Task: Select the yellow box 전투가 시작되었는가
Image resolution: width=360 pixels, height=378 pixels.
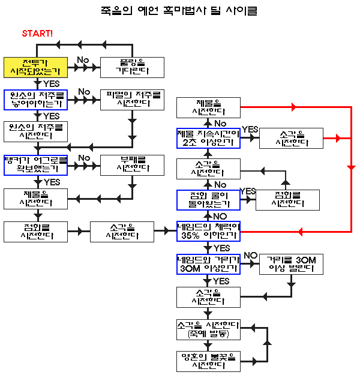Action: point(35,67)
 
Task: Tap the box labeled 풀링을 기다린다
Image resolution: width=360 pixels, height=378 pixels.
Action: point(132,67)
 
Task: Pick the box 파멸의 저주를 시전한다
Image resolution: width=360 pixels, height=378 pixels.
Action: point(132,100)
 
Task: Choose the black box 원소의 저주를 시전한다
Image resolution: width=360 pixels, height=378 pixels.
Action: point(35,132)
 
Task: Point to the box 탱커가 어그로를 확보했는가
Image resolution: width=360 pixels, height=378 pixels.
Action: point(35,165)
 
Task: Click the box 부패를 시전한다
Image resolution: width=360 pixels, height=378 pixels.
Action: point(132,165)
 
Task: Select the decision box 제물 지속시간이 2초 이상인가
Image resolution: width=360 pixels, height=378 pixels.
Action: point(208,138)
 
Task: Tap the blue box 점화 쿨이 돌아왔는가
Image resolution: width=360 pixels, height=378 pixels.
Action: point(208,200)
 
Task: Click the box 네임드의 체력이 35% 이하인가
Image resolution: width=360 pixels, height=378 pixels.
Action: point(208,232)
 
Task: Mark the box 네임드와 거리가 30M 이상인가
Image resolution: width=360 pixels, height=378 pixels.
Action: point(208,265)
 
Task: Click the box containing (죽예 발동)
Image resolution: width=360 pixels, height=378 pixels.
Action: point(208,329)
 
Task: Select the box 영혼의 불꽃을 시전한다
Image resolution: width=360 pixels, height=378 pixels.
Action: point(208,361)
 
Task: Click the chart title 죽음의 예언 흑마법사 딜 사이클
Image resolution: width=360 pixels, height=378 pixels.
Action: point(180,11)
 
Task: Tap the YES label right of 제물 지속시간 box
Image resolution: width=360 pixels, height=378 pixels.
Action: point(250,130)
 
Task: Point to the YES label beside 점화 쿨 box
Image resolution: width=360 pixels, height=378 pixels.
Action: point(247,191)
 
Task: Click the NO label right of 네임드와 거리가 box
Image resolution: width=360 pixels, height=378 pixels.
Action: point(250,256)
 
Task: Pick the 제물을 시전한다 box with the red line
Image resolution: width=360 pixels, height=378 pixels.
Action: point(208,107)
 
